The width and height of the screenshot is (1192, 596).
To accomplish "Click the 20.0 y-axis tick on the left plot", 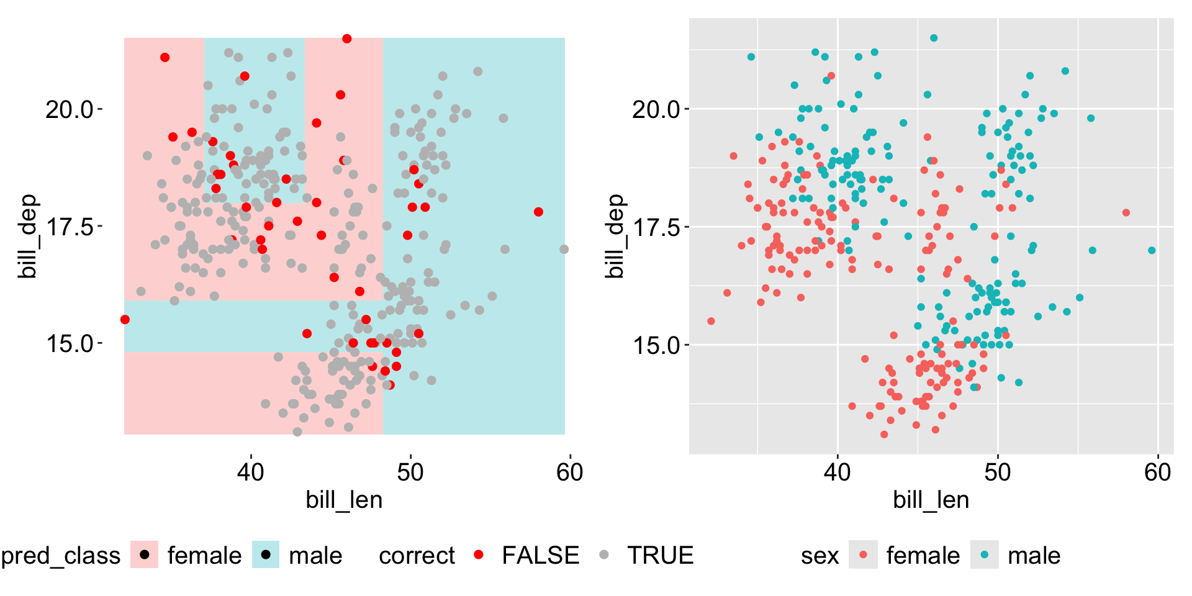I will click(70, 110).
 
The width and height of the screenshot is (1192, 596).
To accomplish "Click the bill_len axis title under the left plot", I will click(344, 500).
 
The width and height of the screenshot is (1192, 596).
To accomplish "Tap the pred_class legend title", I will click(61, 556).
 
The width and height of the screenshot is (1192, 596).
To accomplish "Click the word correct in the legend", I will click(417, 556).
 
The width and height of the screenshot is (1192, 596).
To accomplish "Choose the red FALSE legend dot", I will click(478, 554).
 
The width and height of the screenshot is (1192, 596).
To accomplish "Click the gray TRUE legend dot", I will click(604, 554).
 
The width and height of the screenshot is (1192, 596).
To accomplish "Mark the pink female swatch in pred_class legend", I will click(144, 554).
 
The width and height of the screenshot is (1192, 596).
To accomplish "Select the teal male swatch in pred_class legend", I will click(266, 554).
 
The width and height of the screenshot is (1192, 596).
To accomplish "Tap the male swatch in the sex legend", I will click(985, 554).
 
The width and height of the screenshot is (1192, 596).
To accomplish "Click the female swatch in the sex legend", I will click(864, 554).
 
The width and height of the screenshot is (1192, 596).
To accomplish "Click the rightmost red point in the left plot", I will click(538, 212).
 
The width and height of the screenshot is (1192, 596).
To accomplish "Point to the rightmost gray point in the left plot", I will click(564, 250).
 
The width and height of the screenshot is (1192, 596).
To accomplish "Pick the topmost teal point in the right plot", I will click(934, 38).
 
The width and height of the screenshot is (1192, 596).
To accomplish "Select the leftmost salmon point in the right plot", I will click(711, 322).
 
